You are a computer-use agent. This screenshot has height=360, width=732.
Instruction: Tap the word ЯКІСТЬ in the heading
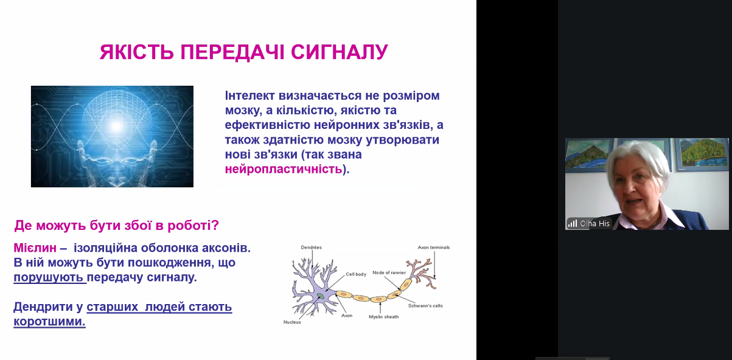[x=136, y=52]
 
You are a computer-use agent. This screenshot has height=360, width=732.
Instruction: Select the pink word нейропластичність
[x=284, y=169]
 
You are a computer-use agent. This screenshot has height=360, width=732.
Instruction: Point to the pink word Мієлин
[x=35, y=248]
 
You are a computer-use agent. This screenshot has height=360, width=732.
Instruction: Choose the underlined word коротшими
[x=49, y=322]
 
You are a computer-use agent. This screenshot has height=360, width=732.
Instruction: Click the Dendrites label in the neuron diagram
[x=311, y=247]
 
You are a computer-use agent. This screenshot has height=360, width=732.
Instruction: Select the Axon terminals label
[x=434, y=247]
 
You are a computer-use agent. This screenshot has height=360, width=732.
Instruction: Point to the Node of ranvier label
[x=389, y=272]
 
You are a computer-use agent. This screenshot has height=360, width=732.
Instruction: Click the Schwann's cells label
[x=425, y=306]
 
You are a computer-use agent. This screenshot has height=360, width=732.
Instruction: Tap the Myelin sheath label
[x=384, y=317]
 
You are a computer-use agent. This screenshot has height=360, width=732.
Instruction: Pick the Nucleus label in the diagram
[x=292, y=322]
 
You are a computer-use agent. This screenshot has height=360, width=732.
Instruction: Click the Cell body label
[x=356, y=274]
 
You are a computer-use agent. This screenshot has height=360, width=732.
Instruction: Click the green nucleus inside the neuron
[x=321, y=296]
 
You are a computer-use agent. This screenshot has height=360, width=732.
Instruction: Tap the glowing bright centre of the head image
[x=116, y=126]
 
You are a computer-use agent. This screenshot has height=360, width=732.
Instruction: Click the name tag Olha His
[x=594, y=223]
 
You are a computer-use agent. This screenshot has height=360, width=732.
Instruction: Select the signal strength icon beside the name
[x=572, y=223]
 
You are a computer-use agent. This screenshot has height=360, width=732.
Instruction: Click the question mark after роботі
[x=215, y=226]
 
